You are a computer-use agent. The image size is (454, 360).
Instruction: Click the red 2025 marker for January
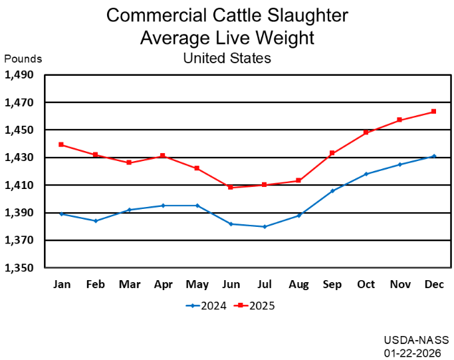[x=62, y=144]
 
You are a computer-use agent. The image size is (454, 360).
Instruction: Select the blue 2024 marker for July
[x=265, y=226]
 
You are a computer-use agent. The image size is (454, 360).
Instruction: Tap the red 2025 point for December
[x=433, y=111]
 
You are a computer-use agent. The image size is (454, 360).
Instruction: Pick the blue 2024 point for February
[x=96, y=221]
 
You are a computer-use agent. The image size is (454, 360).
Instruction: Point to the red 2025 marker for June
[x=231, y=188]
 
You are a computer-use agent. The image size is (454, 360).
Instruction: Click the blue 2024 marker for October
[x=366, y=174]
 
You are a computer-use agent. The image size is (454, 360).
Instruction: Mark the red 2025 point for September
[x=332, y=153]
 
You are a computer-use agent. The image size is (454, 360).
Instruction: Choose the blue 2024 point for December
[x=433, y=156]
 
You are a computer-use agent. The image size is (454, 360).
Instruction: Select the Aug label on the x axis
[x=298, y=285]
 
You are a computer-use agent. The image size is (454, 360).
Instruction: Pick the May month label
[x=197, y=285]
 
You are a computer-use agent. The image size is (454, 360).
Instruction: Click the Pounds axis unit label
[x=23, y=59]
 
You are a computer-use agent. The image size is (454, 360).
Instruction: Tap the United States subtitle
[x=227, y=58]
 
